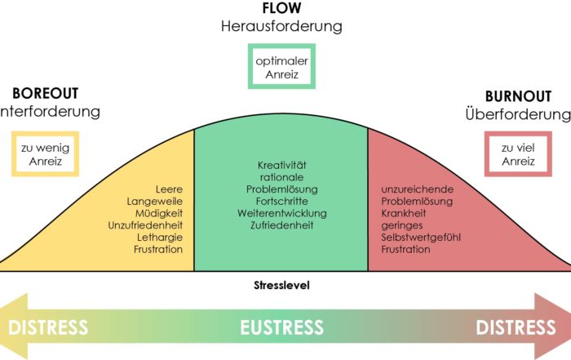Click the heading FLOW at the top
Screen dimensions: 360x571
click(281, 8)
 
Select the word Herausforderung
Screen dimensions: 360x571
click(281, 26)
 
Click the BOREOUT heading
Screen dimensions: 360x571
click(45, 93)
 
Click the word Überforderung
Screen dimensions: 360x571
click(518, 113)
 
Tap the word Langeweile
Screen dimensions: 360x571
click(154, 200)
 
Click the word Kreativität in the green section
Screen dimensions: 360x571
click(281, 165)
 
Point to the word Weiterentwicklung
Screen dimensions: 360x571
click(281, 213)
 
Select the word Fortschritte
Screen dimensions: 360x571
click(281, 201)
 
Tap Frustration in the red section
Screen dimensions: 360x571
click(405, 249)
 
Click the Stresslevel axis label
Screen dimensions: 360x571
click(281, 286)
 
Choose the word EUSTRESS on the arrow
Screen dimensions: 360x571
click(281, 328)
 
